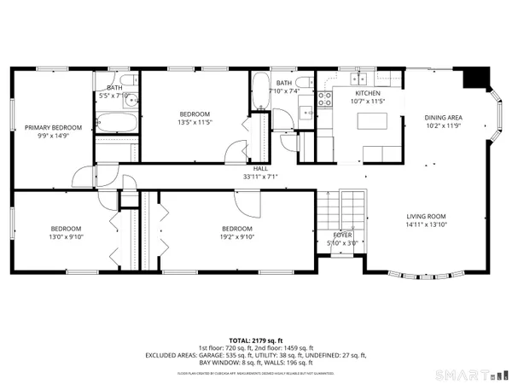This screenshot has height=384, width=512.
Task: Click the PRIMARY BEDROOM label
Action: (53, 127)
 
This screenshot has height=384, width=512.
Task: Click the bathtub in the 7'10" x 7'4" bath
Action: (259, 92)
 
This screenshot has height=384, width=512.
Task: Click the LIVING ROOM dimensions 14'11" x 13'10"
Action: (426, 224)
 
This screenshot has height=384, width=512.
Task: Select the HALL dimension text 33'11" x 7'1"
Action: (260, 177)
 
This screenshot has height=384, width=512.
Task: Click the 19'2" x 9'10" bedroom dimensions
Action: (236, 237)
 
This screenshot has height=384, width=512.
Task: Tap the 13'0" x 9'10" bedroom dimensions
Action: (65, 237)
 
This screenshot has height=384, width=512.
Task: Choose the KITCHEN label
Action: (368, 93)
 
